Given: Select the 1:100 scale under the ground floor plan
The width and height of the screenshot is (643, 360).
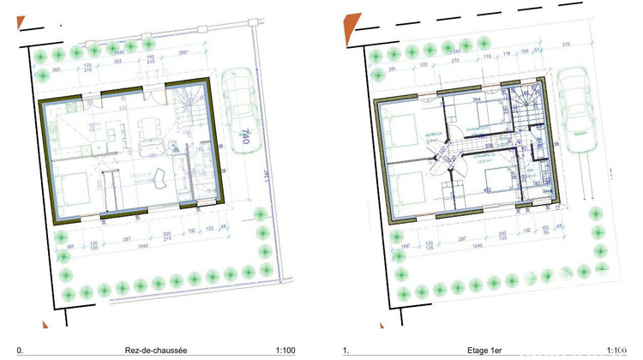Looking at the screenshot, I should (285, 350).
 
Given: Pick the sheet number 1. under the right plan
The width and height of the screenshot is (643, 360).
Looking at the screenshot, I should (346, 350).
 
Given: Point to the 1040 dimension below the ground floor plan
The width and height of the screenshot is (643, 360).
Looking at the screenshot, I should (133, 245).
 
